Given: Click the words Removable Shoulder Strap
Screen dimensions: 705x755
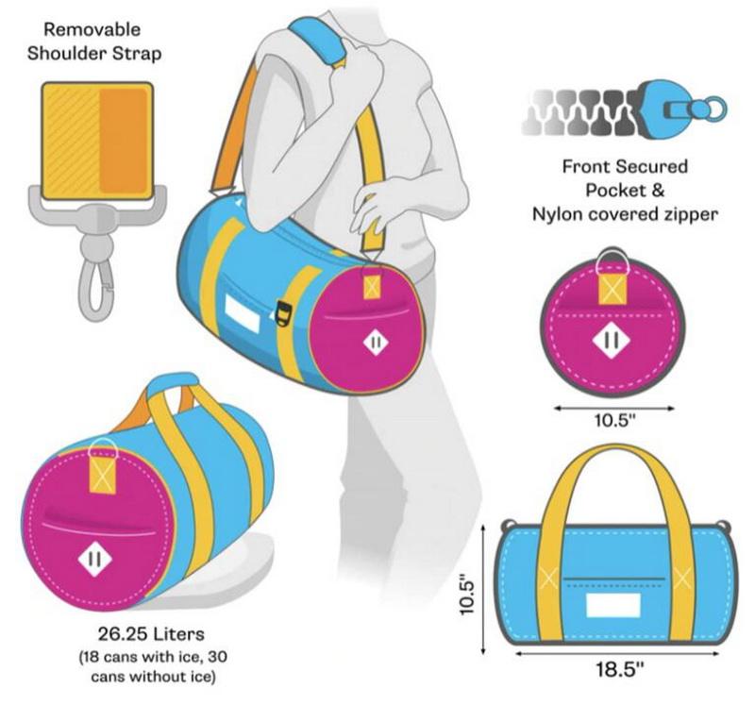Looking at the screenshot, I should click(x=94, y=41).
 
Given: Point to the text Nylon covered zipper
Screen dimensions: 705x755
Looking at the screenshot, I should click(x=625, y=214).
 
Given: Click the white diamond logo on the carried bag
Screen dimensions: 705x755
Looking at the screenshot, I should click(x=376, y=341).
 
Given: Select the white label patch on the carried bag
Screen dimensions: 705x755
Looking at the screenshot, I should click(x=243, y=312).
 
